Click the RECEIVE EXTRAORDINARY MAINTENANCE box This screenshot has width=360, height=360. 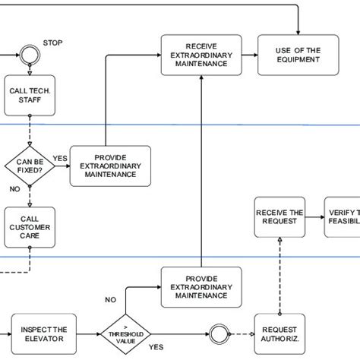pyautogui.click(x=201, y=55)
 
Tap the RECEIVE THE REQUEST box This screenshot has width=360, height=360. pyautogui.click(x=280, y=216)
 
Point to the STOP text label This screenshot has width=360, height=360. pyautogui.click(x=53, y=42)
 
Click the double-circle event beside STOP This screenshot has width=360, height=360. pyautogui.click(x=30, y=55)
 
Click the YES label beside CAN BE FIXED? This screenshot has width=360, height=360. pyautogui.click(x=59, y=158)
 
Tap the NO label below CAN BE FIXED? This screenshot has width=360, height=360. pyautogui.click(x=14, y=188)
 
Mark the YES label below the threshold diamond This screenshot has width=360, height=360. pyautogui.click(x=156, y=346)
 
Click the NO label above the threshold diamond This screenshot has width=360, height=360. pyautogui.click(x=110, y=300)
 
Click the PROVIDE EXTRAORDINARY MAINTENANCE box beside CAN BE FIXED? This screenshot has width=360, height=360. pyautogui.click(x=110, y=166)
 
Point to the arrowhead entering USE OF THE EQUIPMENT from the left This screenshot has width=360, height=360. pyautogui.click(x=254, y=55)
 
